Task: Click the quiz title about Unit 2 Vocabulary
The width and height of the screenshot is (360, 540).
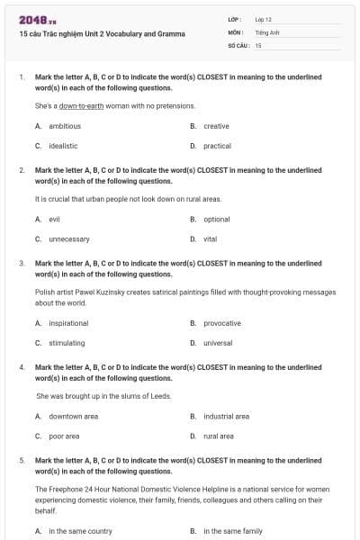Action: click(102, 34)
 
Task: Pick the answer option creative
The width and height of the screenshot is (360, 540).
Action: click(216, 126)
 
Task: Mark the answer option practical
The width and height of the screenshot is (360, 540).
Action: click(217, 145)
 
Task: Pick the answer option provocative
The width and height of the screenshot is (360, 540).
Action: click(222, 323)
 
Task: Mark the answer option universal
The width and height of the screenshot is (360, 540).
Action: click(219, 343)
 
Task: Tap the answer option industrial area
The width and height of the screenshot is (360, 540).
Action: click(227, 417)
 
